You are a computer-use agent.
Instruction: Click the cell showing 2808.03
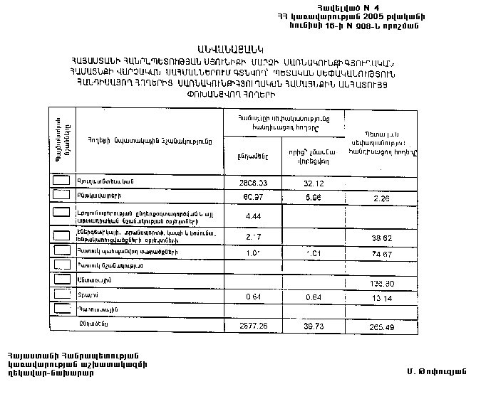click(254, 183)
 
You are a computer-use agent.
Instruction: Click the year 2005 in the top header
click(378, 15)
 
